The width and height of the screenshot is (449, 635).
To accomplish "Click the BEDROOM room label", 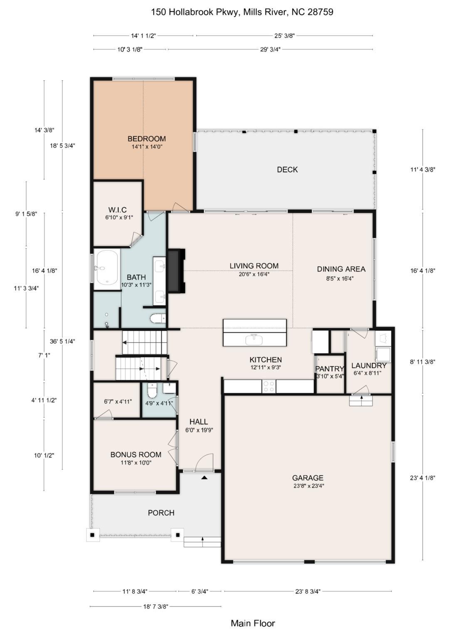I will click(x=146, y=139).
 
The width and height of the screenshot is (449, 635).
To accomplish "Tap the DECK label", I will click(x=287, y=170).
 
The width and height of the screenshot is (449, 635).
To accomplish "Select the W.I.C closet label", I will click(x=118, y=210).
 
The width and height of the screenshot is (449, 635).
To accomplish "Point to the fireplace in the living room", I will click(x=176, y=271).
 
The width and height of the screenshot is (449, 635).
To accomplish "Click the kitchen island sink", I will click(x=254, y=339).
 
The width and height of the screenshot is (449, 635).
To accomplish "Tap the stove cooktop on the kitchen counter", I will click(x=269, y=386).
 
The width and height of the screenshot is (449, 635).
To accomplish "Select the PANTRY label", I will click(x=330, y=369).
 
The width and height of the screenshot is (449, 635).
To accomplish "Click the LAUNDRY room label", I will click(x=369, y=366).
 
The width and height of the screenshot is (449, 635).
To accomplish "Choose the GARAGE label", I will click(x=308, y=478).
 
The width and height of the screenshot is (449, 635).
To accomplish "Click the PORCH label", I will click(x=161, y=513).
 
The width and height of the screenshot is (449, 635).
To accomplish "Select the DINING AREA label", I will click(x=341, y=269).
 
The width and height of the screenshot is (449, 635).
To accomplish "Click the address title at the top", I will click(x=242, y=12).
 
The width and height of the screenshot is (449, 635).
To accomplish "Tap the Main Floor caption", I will click(x=253, y=623).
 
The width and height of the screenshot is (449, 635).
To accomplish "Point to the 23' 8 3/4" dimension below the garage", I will click(x=308, y=591).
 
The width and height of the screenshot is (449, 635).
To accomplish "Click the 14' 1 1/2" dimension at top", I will click(x=143, y=36).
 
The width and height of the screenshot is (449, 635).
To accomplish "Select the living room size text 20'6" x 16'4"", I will click(x=254, y=274).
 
